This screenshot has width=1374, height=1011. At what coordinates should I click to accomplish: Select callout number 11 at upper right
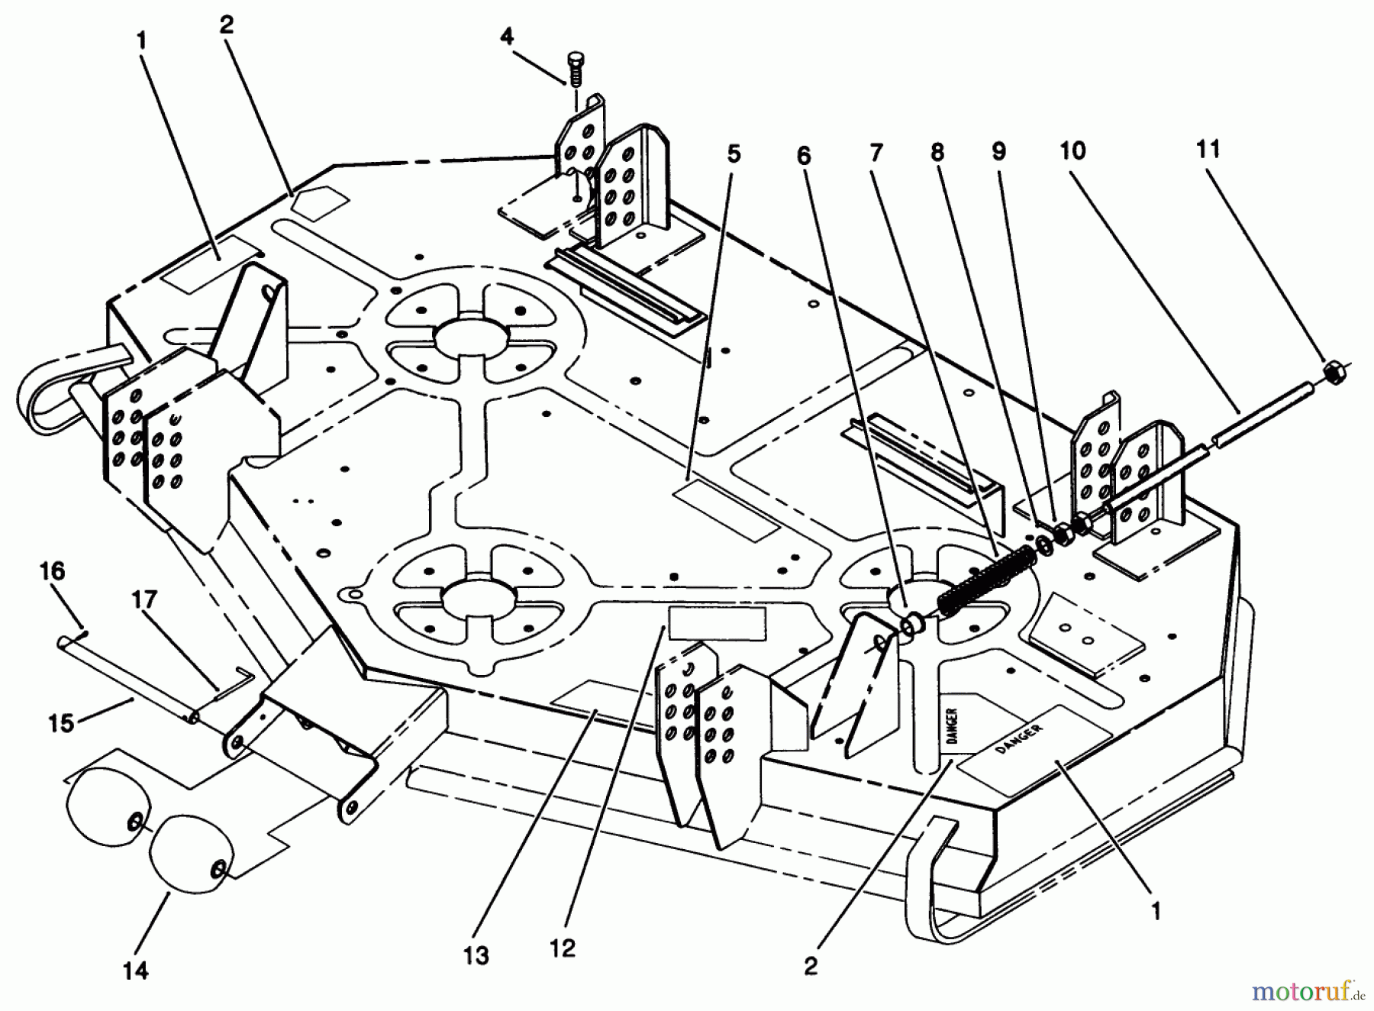pos(1208,149)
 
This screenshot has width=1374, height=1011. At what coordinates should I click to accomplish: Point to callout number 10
pos(1072,151)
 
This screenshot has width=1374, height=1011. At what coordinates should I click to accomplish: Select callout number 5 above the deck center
pos(733,154)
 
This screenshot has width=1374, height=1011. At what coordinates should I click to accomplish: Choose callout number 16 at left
pos(53,571)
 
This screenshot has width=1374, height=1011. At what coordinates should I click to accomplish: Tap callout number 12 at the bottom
pos(563,948)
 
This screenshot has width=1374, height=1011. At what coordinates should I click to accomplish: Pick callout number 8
pos(937,153)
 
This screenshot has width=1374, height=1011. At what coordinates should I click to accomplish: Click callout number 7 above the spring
pos(876,153)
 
